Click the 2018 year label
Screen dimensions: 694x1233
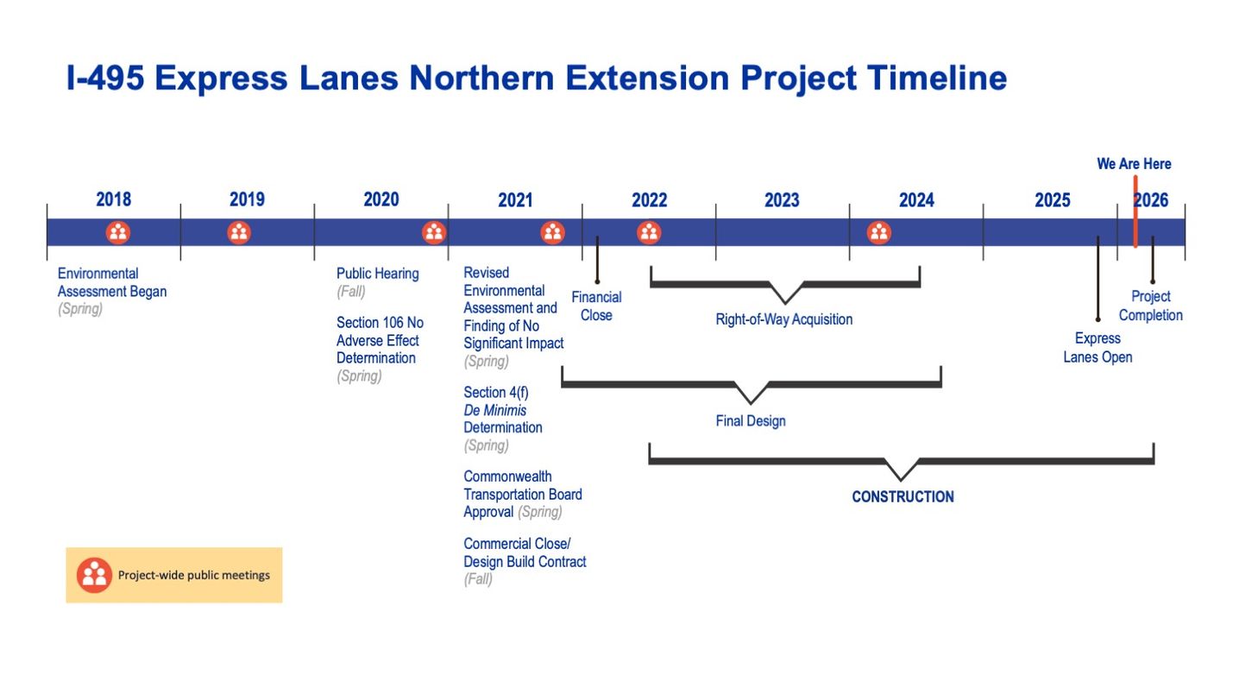[113, 200]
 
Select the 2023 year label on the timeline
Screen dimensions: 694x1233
[782, 200]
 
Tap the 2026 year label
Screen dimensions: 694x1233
[1151, 200]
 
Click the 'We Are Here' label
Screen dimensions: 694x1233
[1134, 164]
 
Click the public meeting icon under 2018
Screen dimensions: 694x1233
[118, 232]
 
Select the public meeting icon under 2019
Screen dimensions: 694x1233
[239, 232]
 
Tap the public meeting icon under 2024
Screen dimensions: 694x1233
[878, 232]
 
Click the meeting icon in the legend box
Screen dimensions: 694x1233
[94, 575]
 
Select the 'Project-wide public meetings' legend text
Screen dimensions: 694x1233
[194, 575]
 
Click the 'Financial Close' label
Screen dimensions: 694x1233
[596, 306]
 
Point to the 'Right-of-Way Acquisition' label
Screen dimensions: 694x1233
[783, 319]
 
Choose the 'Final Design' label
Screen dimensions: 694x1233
[751, 421]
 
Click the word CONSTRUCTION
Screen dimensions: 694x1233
[903, 497]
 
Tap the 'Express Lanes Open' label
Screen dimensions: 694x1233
[1098, 348]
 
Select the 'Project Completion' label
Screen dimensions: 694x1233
[1151, 306]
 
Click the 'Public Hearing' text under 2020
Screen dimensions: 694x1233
[378, 274]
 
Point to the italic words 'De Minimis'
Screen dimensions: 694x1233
[495, 410]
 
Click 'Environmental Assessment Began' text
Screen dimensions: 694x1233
[112, 282]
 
